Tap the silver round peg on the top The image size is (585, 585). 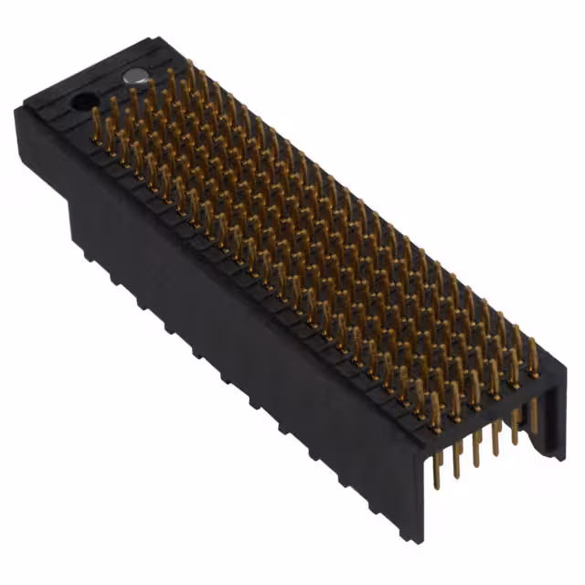click(135, 78)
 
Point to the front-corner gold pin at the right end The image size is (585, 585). click(435, 416)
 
